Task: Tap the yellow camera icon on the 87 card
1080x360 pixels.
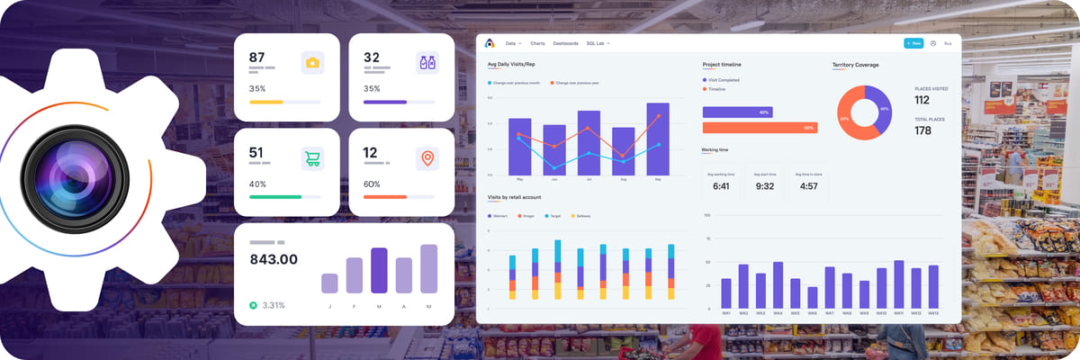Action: pyautogui.click(x=312, y=62)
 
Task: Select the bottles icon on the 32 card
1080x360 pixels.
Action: pyautogui.click(x=427, y=62)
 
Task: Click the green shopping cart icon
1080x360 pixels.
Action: pyautogui.click(x=312, y=158)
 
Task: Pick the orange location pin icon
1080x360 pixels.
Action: pyautogui.click(x=427, y=158)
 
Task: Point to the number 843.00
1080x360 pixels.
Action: pyautogui.click(x=273, y=259)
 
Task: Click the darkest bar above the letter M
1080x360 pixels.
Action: pyautogui.click(x=379, y=270)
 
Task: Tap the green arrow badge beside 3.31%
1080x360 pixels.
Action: pyautogui.click(x=253, y=305)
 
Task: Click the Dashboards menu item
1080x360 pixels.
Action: pyautogui.click(x=565, y=43)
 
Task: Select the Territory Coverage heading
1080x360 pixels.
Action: pyautogui.click(x=855, y=65)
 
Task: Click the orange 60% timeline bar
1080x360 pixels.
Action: pyautogui.click(x=760, y=128)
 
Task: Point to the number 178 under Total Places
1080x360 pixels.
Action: pyautogui.click(x=922, y=130)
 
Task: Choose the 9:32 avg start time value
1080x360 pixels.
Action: pyautogui.click(x=765, y=186)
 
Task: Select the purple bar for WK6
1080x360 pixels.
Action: pyautogui.click(x=812, y=298)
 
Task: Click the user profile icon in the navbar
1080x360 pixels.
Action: pyautogui.click(x=933, y=43)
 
